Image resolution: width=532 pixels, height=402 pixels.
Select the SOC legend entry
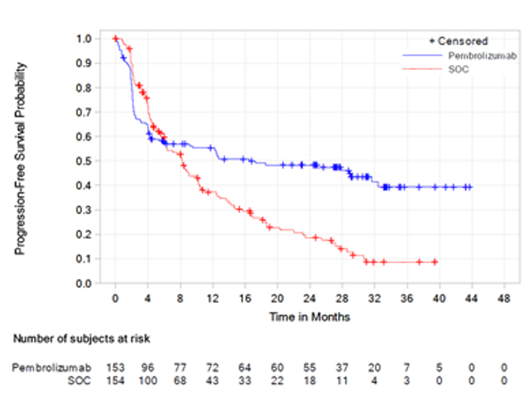point(458,70)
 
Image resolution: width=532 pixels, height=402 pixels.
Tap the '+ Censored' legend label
point(458,41)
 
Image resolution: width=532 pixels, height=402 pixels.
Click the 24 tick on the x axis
point(310,299)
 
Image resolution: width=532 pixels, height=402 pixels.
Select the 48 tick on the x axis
point(505,299)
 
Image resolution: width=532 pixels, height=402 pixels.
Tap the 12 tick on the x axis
point(213,299)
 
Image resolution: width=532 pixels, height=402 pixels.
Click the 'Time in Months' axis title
point(310,317)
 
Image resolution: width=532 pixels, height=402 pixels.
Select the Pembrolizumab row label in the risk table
point(52,368)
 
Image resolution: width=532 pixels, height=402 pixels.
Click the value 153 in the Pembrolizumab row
point(115,368)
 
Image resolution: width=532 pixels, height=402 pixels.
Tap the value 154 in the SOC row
point(115,380)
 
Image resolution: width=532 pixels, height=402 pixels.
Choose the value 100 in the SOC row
point(148,380)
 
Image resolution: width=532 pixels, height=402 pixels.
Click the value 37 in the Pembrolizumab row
point(342,368)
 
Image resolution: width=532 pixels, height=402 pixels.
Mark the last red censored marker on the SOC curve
point(435,262)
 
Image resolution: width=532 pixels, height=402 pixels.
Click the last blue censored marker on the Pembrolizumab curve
point(469,187)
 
